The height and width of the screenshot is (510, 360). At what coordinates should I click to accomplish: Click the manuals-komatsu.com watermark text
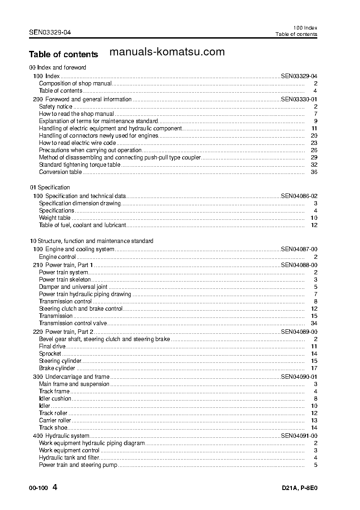pos(168,52)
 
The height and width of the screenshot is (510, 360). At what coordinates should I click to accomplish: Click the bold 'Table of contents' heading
pos(63,54)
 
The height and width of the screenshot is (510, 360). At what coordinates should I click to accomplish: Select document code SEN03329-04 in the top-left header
pos(49,32)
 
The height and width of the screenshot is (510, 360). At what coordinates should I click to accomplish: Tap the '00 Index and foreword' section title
pos(58,68)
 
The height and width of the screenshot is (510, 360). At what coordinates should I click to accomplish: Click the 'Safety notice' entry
pos(55,107)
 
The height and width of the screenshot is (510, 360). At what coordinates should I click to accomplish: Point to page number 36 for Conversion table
pos(314,172)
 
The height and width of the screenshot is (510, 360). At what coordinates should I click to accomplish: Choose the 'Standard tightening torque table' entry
pos(79,165)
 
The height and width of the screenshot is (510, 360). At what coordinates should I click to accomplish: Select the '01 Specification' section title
pos(50,188)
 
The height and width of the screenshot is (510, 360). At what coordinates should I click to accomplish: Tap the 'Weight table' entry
pos(54,218)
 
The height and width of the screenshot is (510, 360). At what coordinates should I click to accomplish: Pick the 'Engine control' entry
pos(57,257)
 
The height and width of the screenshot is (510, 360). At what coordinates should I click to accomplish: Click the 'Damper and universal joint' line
pos(73,287)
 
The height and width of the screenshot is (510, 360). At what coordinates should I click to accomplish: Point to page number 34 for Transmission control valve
pos(314,323)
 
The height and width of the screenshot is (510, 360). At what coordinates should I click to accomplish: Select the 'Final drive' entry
pos(52,347)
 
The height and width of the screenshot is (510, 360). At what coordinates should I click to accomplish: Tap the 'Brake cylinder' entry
pos(57,368)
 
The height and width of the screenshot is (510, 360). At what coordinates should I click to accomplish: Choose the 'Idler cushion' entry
pos(55,399)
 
